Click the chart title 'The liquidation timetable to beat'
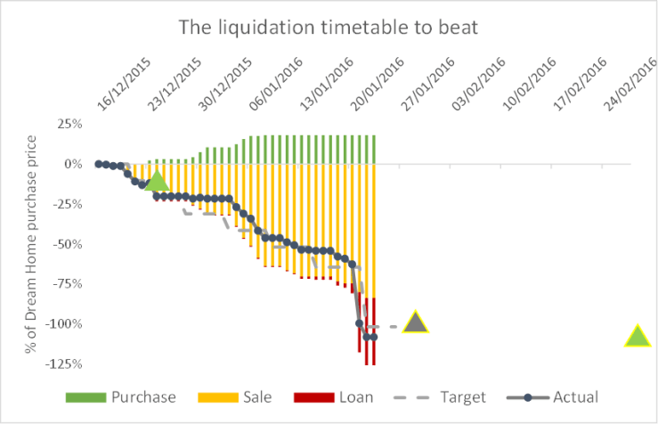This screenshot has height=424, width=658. pyautogui.click(x=329, y=28)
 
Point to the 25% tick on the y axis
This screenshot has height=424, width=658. pyautogui.click(x=69, y=124)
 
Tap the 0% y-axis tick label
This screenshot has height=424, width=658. pyautogui.click(x=74, y=164)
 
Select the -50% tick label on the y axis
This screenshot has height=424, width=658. pyautogui.click(x=68, y=244)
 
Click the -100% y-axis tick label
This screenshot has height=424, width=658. pyautogui.click(x=65, y=323)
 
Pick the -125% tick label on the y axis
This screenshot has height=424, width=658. pyautogui.click(x=65, y=363)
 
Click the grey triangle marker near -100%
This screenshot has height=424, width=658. pyautogui.click(x=415, y=323)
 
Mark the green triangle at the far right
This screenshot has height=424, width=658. pyautogui.click(x=638, y=337)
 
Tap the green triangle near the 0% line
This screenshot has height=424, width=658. pyautogui.click(x=157, y=181)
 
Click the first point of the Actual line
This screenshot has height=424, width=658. pyautogui.click(x=98, y=164)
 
